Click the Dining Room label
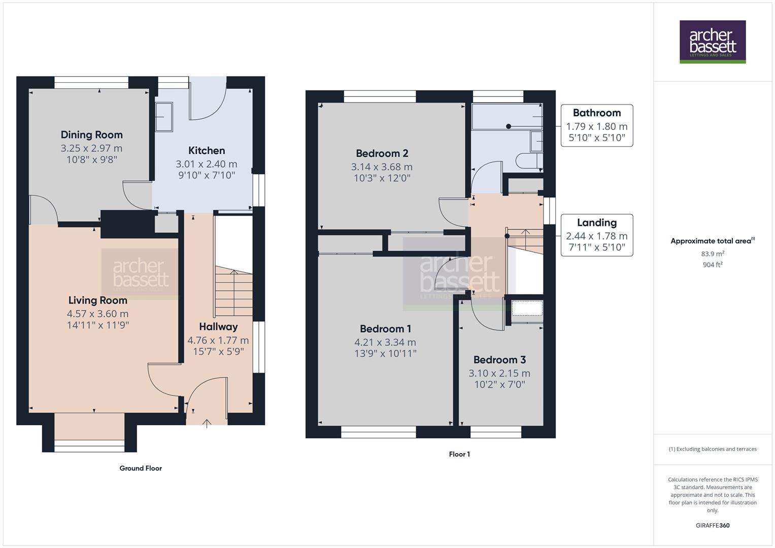[91, 135]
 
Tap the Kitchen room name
[207, 151]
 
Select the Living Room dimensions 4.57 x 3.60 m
[97, 314]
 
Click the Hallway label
[218, 327]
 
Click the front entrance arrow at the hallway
[207, 423]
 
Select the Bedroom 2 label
[382, 153]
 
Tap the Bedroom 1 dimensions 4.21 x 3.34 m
[385, 342]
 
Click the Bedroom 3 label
[499, 360]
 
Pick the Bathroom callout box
[596, 125]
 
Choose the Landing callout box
[596, 235]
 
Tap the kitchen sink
[163, 117]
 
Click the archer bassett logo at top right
[713, 42]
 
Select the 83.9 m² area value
[713, 254]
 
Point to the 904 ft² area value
[713, 264]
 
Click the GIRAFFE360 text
[713, 525]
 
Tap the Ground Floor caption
[141, 468]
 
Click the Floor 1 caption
[459, 454]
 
